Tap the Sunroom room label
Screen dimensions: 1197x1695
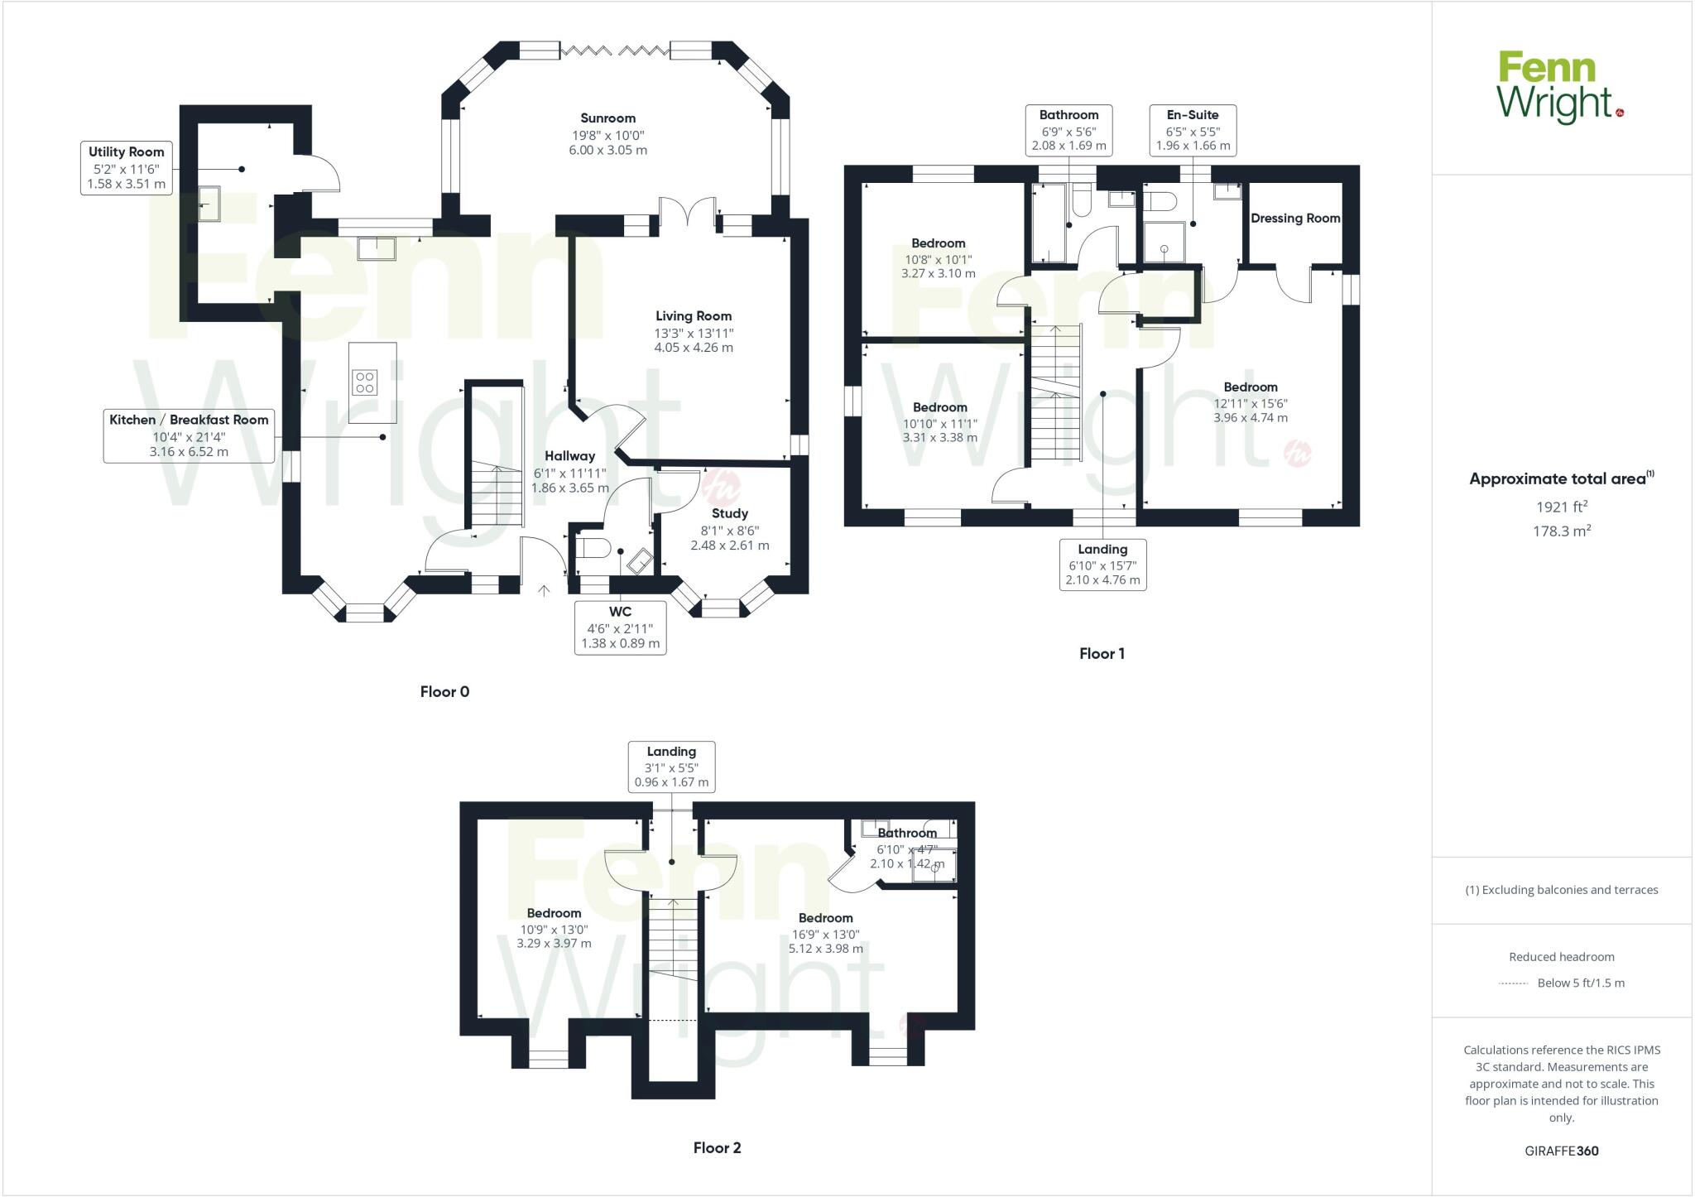[x=607, y=118]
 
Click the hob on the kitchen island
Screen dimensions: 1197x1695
[x=365, y=382]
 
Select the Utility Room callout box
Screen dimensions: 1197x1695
[x=127, y=168]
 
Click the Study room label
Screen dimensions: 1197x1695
[x=729, y=513]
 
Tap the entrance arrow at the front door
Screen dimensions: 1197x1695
[x=545, y=591]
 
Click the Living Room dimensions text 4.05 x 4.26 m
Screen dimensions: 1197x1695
[x=694, y=348]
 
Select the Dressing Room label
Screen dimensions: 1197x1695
[x=1295, y=219]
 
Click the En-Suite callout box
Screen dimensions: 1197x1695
[x=1193, y=130]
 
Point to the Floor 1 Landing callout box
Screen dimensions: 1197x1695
[x=1102, y=564]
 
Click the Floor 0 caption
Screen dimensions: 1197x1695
[x=444, y=692]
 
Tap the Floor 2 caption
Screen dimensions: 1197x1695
[x=717, y=1148]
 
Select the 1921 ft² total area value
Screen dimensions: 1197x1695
[x=1561, y=507]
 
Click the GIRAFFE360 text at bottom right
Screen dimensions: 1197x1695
[x=1561, y=1151]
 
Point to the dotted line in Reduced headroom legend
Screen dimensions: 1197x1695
[x=1513, y=983]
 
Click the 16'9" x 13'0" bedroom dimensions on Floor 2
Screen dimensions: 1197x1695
[x=825, y=934]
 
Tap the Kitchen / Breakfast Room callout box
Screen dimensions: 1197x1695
[x=189, y=435]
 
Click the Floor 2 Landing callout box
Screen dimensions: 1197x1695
[x=671, y=767]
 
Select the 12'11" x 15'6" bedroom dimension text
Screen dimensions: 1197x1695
[x=1250, y=403]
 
